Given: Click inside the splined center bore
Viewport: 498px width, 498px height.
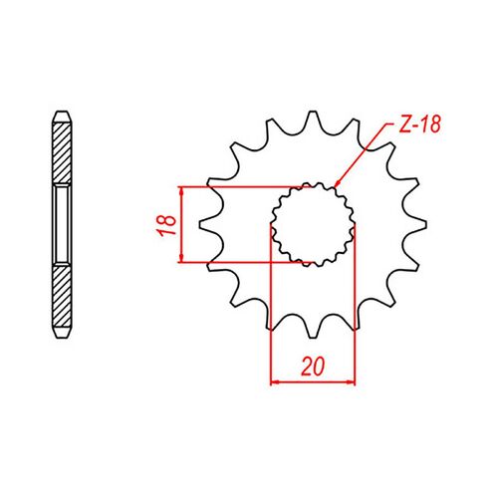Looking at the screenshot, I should (314, 224).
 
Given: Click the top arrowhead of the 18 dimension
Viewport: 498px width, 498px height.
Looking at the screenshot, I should (180, 190).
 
